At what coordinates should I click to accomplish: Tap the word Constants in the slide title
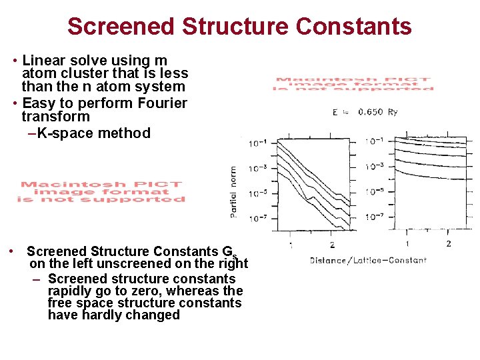click(354, 27)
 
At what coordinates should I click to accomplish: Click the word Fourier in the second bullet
click(163, 103)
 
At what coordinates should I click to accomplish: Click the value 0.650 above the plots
click(370, 112)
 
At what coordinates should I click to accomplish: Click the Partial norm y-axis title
click(233, 191)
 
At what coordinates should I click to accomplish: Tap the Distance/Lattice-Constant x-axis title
click(368, 260)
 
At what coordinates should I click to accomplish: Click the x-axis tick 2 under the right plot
click(448, 244)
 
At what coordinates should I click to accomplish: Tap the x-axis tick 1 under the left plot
click(291, 245)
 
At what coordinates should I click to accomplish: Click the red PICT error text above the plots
click(354, 84)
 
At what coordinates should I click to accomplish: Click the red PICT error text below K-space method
click(101, 192)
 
